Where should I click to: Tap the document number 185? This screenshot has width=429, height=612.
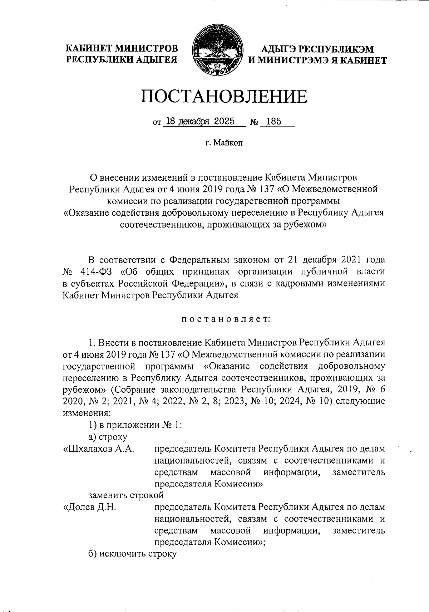point(274,122)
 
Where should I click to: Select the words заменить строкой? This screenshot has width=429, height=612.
point(126,495)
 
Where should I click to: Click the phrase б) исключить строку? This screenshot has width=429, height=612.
point(133,554)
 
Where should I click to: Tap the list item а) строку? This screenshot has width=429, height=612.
point(108,437)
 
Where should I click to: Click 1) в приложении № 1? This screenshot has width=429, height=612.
point(136,425)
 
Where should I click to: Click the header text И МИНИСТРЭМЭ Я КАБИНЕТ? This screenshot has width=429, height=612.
point(317,60)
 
